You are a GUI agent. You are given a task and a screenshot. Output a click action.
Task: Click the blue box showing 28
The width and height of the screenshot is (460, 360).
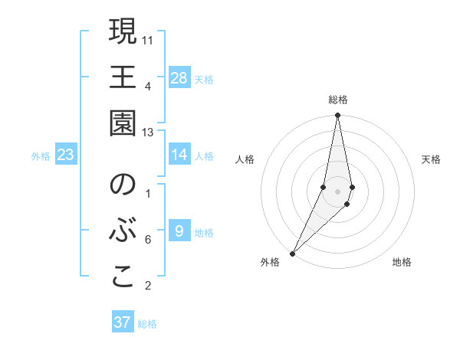pos(179,77)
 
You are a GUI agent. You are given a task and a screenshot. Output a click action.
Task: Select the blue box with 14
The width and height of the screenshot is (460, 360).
pos(179,155)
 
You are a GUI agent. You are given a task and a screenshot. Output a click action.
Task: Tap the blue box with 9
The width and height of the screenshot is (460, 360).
pos(179,231)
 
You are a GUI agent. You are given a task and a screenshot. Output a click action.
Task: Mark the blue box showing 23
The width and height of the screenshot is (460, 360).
pos(66,155)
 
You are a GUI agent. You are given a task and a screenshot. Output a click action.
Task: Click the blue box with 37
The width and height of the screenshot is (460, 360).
pos(123,322)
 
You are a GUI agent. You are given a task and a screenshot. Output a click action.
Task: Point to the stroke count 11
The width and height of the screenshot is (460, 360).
pos(148,38)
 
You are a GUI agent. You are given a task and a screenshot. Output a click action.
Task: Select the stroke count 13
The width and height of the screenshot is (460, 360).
pos(148,133)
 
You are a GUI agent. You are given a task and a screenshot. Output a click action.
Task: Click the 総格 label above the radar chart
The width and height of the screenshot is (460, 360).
pos(338,100)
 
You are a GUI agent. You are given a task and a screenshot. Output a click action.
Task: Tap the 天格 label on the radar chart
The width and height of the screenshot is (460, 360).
pos(431,159)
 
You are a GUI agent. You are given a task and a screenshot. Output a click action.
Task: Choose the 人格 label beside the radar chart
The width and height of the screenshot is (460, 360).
pos(245,159)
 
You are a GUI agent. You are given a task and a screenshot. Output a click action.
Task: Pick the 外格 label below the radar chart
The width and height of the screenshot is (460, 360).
pos(270,263)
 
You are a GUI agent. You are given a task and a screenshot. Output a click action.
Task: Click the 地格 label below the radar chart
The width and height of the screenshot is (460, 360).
pos(402,263)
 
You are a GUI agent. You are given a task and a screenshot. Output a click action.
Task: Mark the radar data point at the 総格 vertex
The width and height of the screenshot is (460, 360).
pos(337,116)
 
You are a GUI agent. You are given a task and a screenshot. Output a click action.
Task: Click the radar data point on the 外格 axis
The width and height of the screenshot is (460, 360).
pos(293,252)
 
